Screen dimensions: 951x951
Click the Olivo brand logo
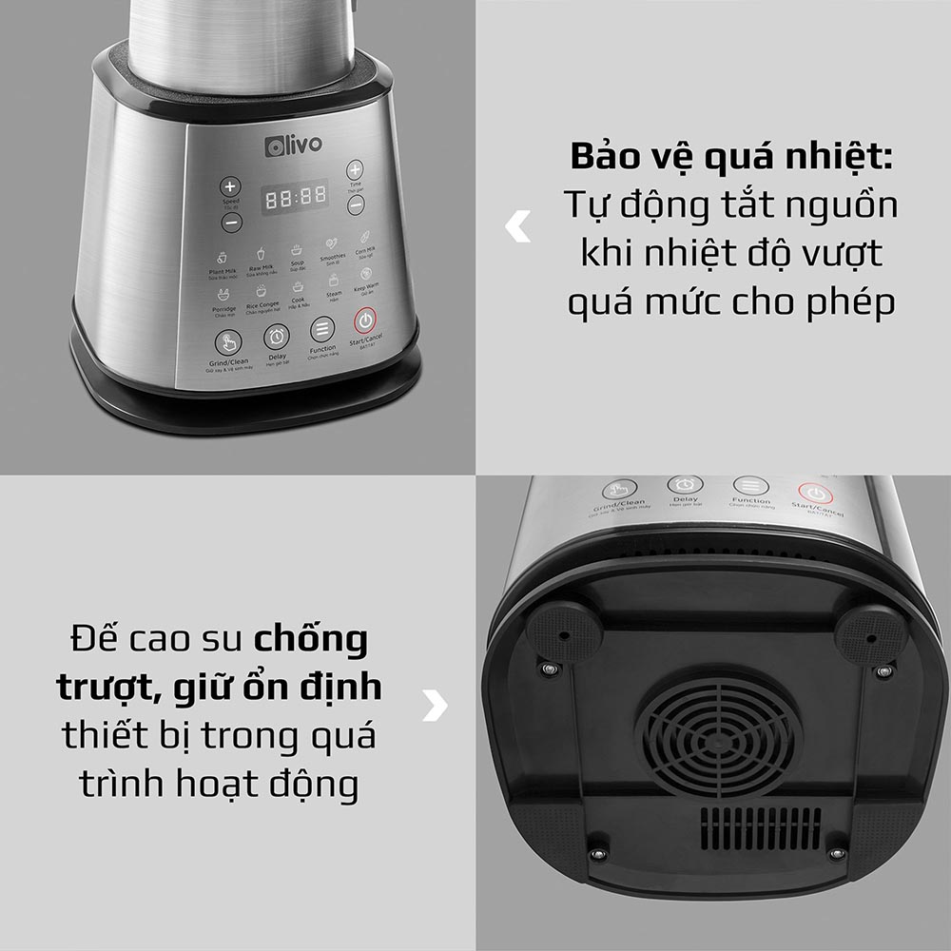(x=293, y=145)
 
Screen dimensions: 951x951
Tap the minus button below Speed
(x=231, y=223)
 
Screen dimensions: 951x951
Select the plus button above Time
(x=355, y=170)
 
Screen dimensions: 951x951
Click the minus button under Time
(x=355, y=204)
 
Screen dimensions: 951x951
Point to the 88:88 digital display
(x=296, y=197)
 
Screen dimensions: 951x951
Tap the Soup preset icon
(x=298, y=250)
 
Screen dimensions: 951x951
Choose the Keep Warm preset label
(x=366, y=287)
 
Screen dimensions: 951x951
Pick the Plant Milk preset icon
(x=222, y=257)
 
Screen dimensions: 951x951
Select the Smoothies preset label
(x=333, y=257)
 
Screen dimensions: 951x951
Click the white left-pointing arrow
(x=517, y=227)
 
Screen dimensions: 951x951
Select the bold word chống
(x=310, y=639)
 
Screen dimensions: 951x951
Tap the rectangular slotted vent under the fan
(x=761, y=828)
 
